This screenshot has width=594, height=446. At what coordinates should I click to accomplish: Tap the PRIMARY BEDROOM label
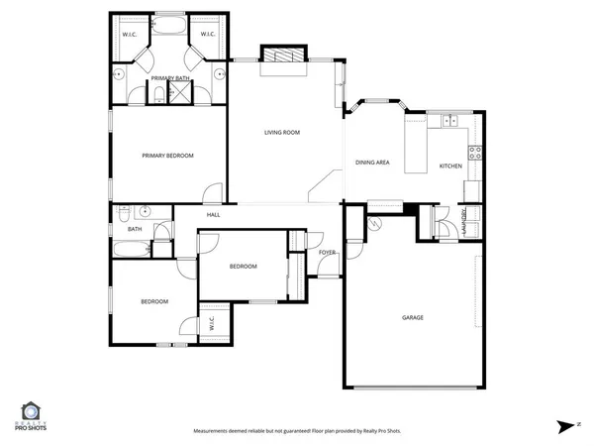[x=167, y=156]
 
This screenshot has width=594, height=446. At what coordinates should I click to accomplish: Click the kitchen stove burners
[x=475, y=153]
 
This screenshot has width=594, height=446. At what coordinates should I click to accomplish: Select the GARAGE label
[x=413, y=317]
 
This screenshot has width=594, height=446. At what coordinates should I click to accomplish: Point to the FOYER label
[x=327, y=253]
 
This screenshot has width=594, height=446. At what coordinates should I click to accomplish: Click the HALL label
[x=213, y=215]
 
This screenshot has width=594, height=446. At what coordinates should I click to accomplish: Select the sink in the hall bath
[x=145, y=211]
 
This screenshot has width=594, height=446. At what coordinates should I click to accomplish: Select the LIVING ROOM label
[x=281, y=132]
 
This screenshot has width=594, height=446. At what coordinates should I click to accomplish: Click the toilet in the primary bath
[x=158, y=95]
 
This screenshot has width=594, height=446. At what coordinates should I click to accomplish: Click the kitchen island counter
[x=417, y=145]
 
